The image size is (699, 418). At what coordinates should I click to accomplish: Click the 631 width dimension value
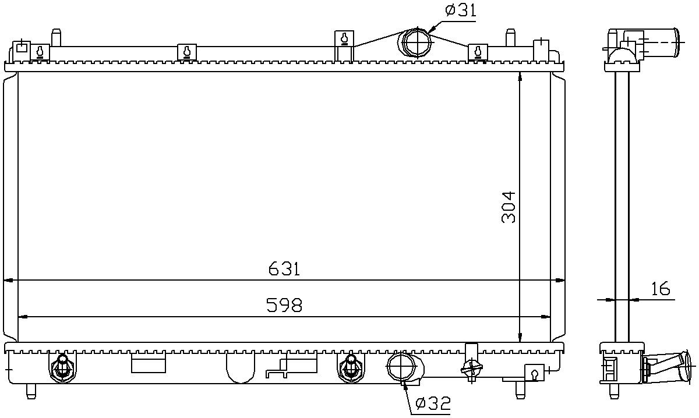(284, 269)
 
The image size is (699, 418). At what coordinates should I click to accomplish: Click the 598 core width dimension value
(284, 306)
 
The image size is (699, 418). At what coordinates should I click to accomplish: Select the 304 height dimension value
(509, 207)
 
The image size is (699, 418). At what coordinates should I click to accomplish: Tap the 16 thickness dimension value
(661, 288)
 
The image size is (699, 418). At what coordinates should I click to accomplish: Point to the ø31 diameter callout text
(461, 10)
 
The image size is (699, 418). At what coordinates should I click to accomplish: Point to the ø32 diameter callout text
(433, 403)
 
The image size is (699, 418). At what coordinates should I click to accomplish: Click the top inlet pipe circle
(417, 42)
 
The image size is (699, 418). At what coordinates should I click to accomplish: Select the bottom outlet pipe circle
(401, 367)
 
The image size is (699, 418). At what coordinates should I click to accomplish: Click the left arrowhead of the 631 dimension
(8, 281)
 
